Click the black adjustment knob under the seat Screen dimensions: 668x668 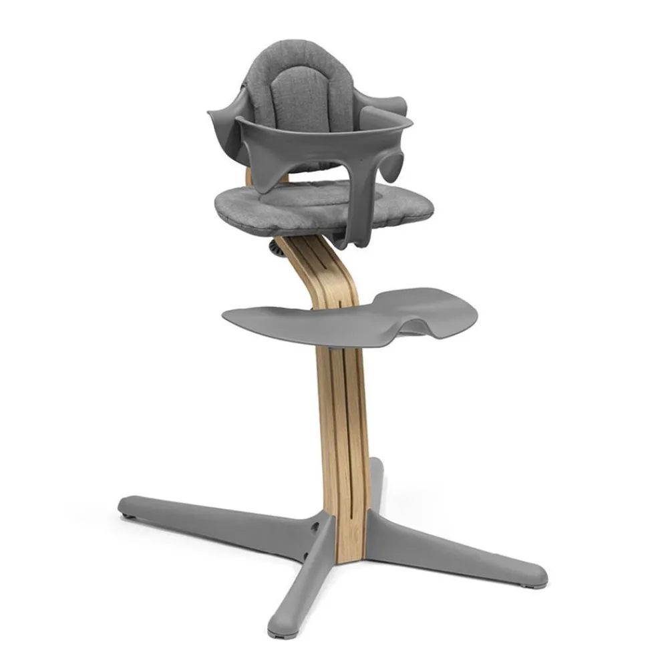click(274, 248)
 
